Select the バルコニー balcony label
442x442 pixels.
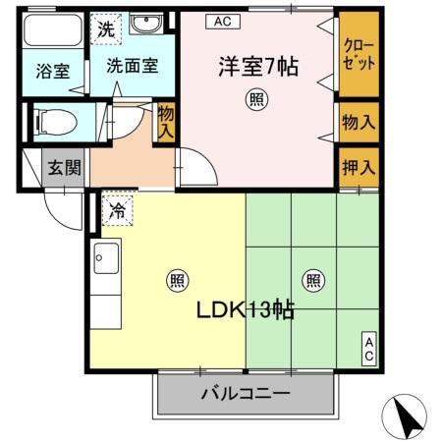[x=246, y=395]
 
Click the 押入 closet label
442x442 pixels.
[x=358, y=165]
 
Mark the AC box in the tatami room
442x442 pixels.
[x=368, y=349]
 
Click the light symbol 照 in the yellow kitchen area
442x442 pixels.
[x=177, y=279]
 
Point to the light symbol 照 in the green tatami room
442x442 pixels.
[x=312, y=279]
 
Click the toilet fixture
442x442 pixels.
[x=55, y=122]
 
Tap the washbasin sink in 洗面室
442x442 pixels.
[x=149, y=25]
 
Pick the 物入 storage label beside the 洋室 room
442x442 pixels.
[x=358, y=122]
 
